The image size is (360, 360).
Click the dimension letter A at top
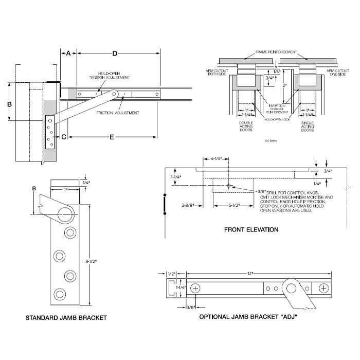point(68,53)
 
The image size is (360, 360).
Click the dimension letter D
point(115,53)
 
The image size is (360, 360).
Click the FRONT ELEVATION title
point(251,229)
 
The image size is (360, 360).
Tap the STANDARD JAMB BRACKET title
point(66,318)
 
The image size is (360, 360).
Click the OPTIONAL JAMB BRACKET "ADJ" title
point(248,317)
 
